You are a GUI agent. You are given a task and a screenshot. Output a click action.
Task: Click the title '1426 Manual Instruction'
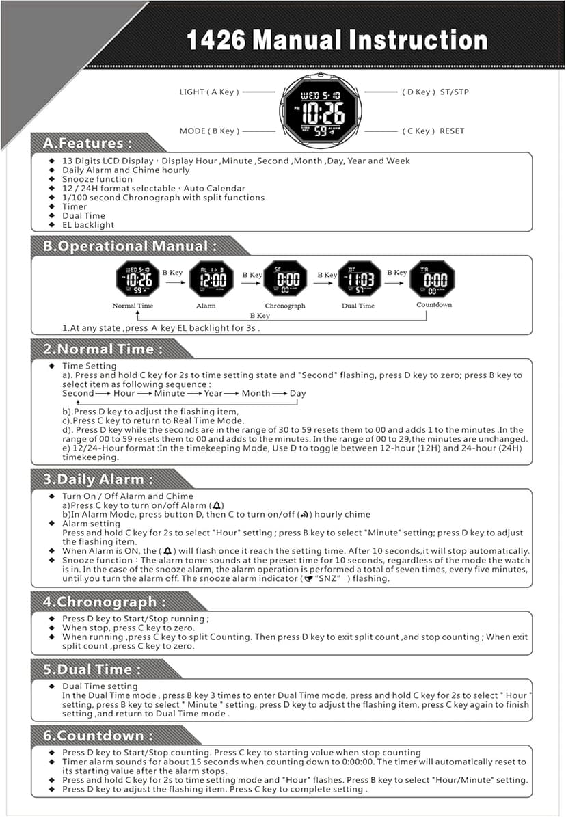337,40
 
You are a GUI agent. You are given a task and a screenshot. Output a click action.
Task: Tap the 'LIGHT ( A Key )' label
209,92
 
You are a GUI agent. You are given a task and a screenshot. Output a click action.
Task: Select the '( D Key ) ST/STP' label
435,92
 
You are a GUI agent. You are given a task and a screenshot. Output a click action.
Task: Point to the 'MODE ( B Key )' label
209,131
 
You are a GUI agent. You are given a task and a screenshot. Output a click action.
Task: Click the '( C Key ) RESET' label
433,131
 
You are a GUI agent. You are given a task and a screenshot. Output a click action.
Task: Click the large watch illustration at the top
321,110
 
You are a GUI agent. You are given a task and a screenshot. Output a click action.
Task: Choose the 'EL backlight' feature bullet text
88,224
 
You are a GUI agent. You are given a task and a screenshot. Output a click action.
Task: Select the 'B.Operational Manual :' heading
130,246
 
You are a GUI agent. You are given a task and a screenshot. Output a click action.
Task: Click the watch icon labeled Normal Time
133,278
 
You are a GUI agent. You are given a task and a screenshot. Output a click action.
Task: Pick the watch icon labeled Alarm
211,278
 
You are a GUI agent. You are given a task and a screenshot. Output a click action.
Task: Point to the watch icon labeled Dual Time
359,278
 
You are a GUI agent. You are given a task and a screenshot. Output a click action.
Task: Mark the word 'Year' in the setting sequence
213,393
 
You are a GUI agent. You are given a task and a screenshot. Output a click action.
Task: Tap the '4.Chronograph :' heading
104,602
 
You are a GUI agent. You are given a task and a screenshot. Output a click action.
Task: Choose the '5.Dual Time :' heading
92,669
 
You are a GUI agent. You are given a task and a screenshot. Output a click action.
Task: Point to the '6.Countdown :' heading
98,736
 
